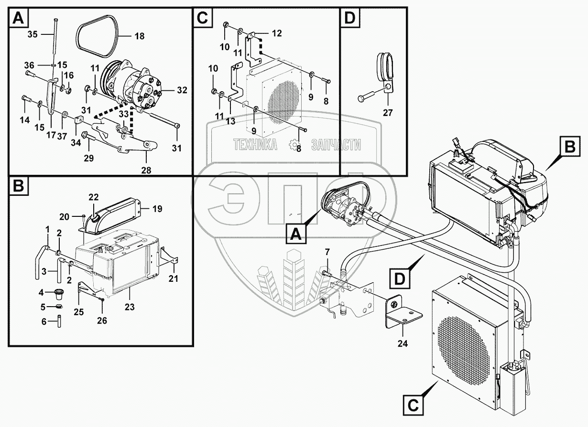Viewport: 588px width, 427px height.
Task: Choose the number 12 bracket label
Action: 277,33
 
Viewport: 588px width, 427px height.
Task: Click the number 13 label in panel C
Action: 231,121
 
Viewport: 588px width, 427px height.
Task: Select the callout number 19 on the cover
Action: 157,209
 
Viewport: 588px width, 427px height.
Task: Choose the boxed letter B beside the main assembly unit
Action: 569,149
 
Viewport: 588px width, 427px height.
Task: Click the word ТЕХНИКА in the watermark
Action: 254,145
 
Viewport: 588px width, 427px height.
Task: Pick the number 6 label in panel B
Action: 44,321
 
